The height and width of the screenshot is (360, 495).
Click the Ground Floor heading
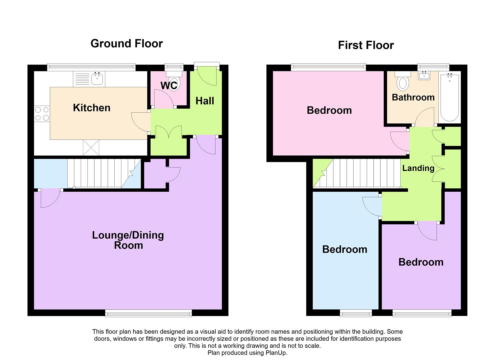[x=126, y=44]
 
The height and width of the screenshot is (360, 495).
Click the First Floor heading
[x=366, y=45]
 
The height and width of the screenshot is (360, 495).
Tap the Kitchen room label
[x=92, y=108]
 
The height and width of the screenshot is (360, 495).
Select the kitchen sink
[x=97, y=79]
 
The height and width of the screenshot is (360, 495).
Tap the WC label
[x=169, y=86]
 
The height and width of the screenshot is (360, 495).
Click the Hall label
[x=205, y=101]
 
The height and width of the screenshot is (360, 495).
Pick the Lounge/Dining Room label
[x=128, y=240]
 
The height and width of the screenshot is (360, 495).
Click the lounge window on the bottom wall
[x=148, y=313]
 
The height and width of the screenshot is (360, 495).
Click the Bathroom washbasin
[x=424, y=76]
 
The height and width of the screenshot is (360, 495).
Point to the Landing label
[x=418, y=168]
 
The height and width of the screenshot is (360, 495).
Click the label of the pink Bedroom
[x=329, y=110]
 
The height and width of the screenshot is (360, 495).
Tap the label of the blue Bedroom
[x=345, y=249]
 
